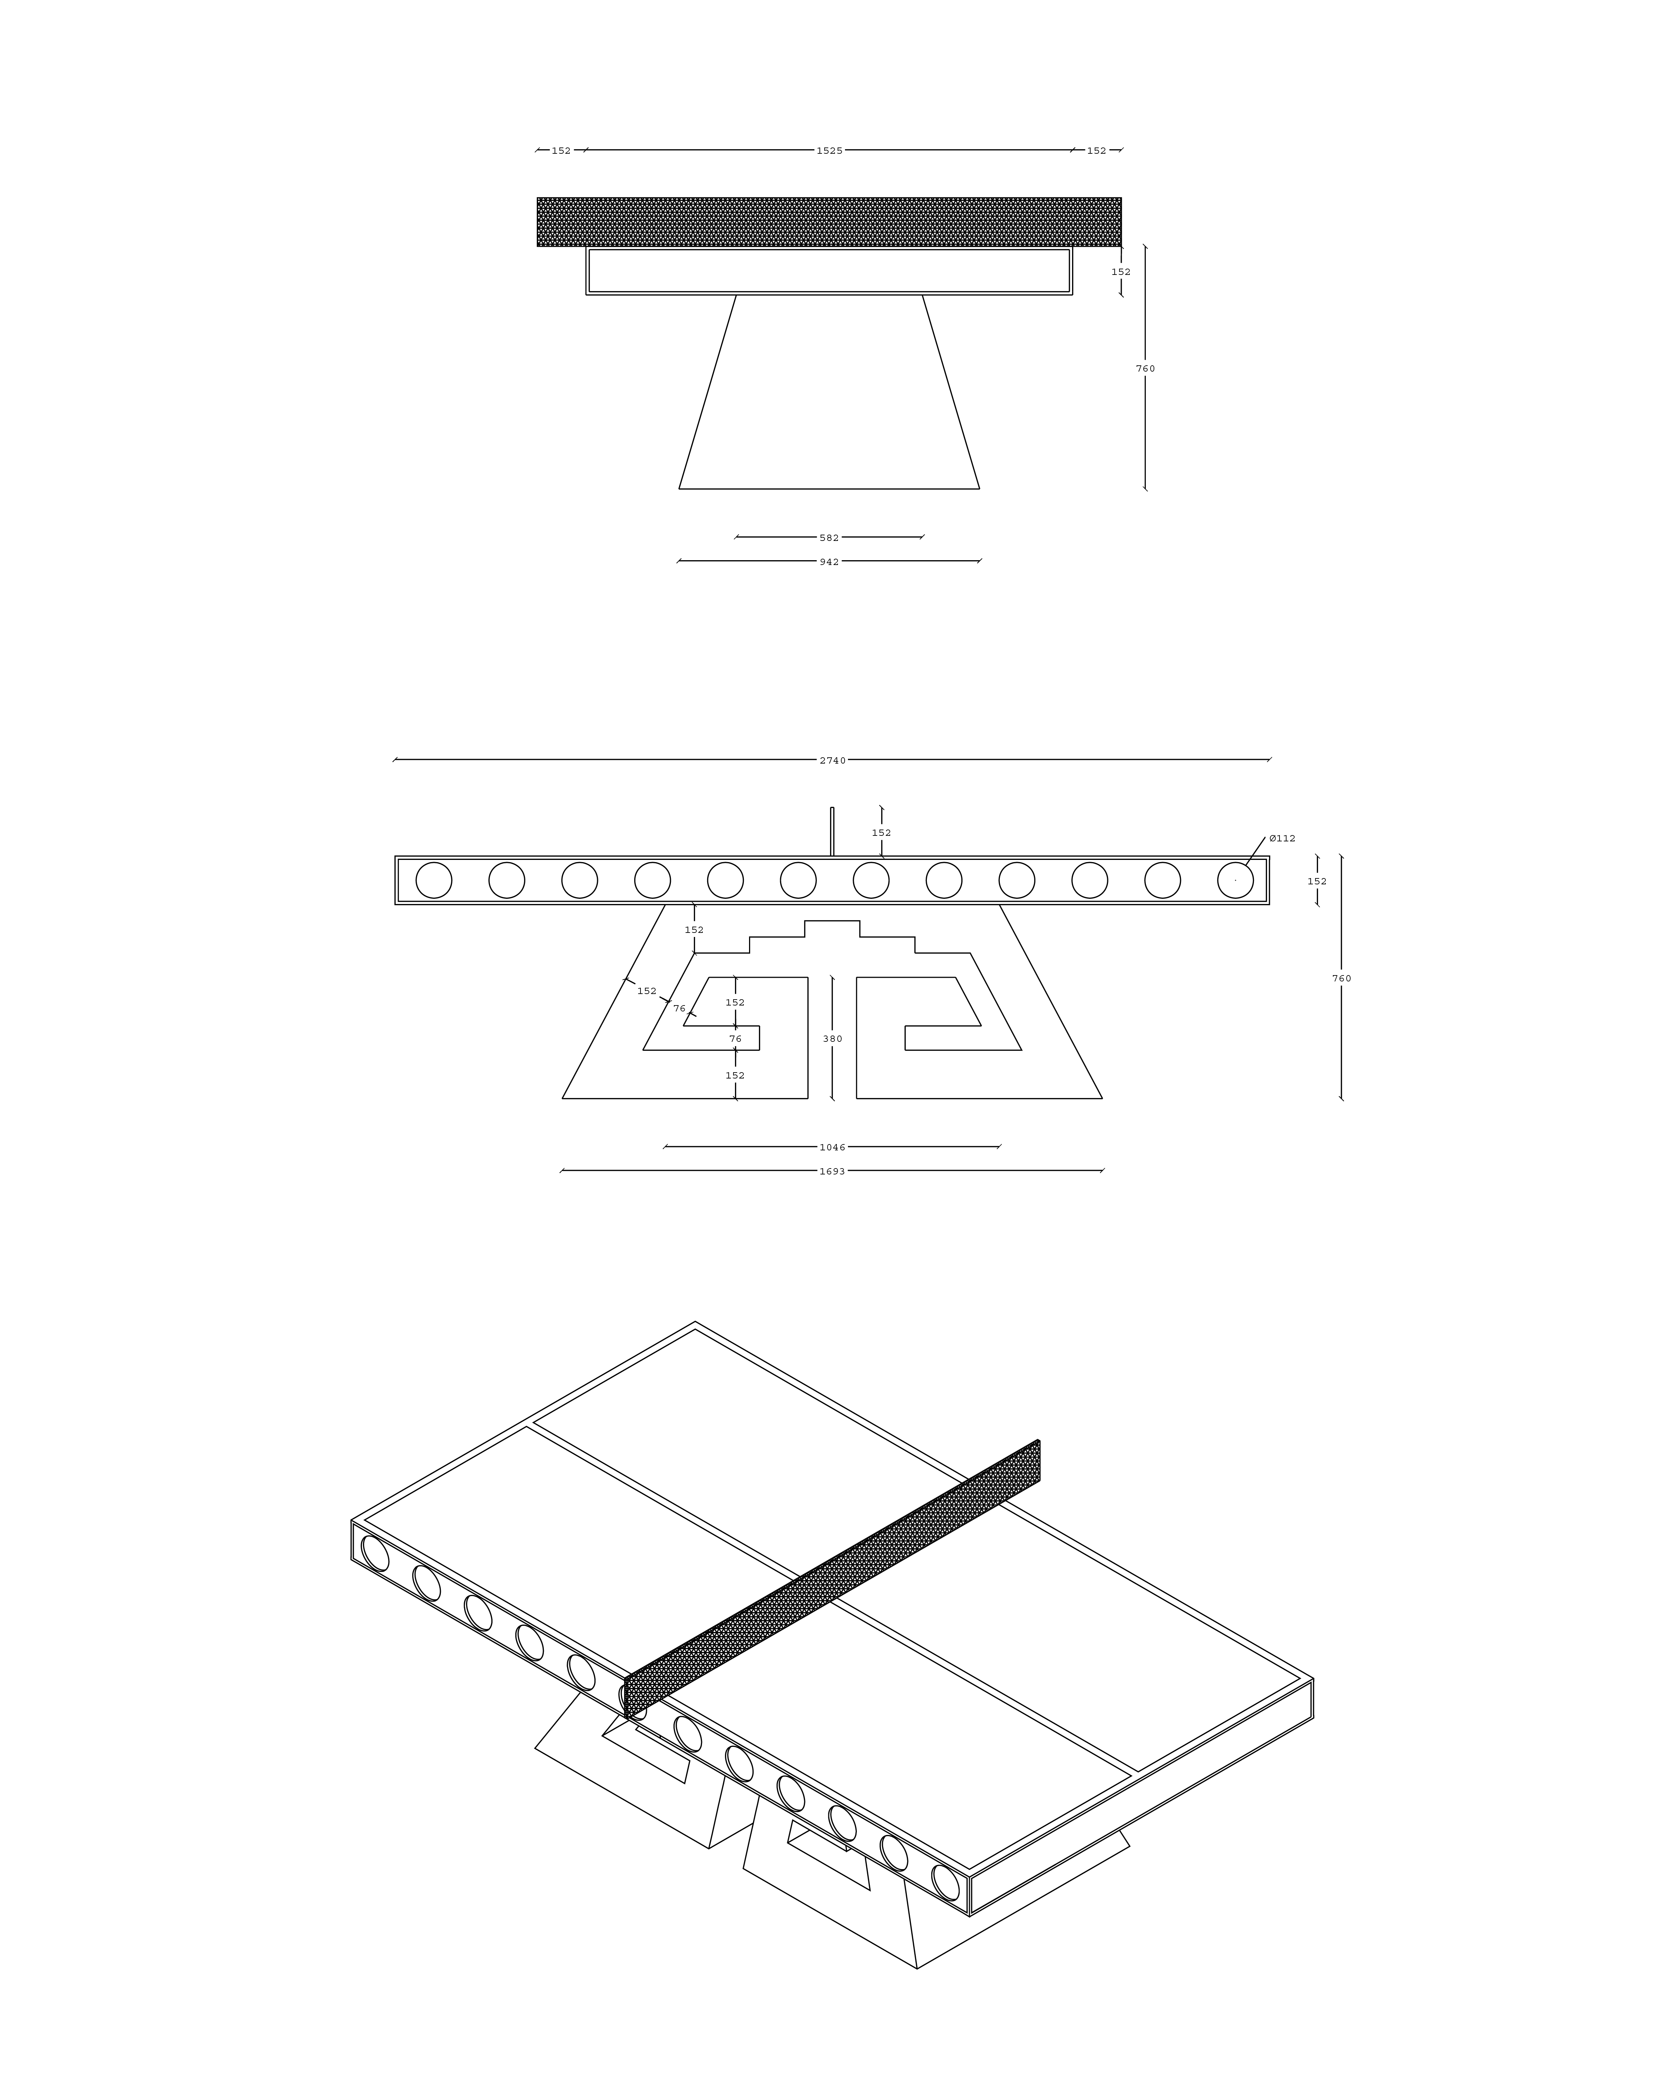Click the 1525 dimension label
click(829, 151)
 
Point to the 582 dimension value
click(829, 538)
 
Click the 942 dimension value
click(829, 562)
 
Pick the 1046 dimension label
click(832, 1147)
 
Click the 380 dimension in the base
click(832, 1039)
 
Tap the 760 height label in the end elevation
click(1145, 368)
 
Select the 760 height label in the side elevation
click(1341, 978)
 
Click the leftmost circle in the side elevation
click(434, 880)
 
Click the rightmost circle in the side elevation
click(1235, 880)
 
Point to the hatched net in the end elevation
click(829, 222)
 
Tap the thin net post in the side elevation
click(832, 831)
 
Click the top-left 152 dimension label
click(562, 151)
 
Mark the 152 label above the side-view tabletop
click(881, 832)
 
